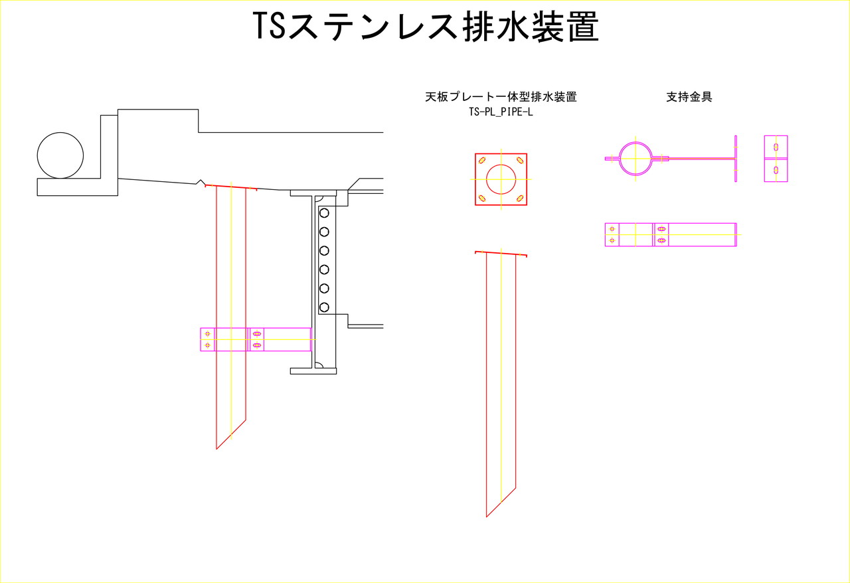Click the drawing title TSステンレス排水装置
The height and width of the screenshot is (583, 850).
tap(426, 26)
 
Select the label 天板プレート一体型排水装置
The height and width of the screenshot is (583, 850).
tap(501, 97)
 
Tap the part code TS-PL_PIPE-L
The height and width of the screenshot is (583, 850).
tap(501, 112)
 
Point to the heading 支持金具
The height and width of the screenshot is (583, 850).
tap(689, 97)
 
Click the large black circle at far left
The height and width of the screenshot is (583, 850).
tap(60, 155)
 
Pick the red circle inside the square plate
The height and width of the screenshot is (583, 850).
tap(501, 179)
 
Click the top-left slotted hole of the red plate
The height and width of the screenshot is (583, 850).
tap(482, 160)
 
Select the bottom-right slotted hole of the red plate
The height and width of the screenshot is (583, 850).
tap(520, 198)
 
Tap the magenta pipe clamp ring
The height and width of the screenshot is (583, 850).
tap(636, 159)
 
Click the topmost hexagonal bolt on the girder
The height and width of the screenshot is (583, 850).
tap(324, 213)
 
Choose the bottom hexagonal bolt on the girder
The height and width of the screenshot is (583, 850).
tap(324, 307)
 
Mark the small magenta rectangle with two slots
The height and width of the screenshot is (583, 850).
tap(776, 159)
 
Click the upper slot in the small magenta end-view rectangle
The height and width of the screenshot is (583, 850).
tap(776, 147)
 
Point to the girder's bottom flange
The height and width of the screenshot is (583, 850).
tap(313, 371)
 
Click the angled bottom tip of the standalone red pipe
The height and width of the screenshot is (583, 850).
tap(487, 517)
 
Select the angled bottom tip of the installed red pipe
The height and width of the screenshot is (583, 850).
tap(216, 450)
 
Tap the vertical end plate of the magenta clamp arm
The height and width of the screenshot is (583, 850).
tap(735, 159)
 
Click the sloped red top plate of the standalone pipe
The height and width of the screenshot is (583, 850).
tap(501, 254)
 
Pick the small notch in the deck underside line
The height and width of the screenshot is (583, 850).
tap(201, 183)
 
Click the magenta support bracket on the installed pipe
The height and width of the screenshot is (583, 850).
tap(256, 339)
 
